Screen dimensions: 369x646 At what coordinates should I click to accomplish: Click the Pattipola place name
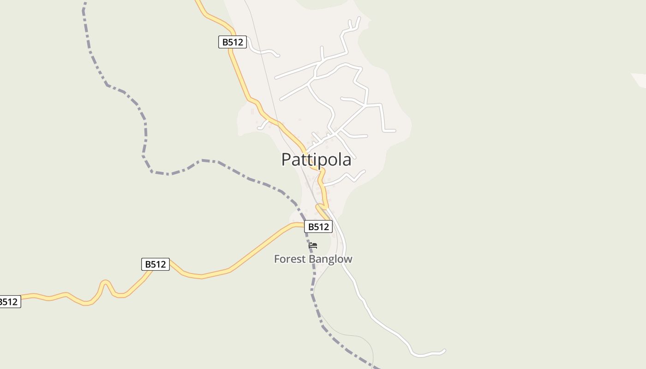(x=316, y=160)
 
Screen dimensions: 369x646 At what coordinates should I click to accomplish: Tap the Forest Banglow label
(x=313, y=259)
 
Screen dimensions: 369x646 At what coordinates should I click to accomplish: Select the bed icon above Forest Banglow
(x=313, y=245)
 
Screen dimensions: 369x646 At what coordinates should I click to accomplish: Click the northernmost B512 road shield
(x=233, y=42)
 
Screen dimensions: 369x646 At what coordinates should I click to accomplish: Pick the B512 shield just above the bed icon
(x=318, y=226)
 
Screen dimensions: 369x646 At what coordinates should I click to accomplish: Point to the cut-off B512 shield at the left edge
(x=9, y=302)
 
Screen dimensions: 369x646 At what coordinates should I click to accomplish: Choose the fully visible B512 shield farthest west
(x=155, y=264)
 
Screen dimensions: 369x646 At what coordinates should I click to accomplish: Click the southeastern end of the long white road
(x=444, y=351)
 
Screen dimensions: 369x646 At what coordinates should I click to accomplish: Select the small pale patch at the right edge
(x=640, y=79)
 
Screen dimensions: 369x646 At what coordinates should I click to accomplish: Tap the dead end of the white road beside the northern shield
(x=278, y=56)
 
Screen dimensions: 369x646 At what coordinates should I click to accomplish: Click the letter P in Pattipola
(x=287, y=160)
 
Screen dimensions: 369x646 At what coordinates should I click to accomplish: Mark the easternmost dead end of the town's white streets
(x=395, y=131)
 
